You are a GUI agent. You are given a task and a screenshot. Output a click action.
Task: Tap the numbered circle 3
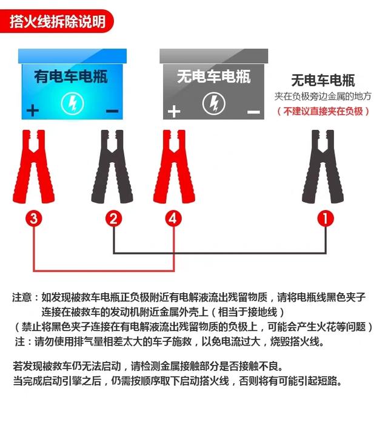pyautogui.click(x=34, y=219)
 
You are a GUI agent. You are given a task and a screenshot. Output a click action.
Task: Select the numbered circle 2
pyautogui.click(x=113, y=219)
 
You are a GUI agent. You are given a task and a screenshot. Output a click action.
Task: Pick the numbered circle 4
pyautogui.click(x=174, y=219)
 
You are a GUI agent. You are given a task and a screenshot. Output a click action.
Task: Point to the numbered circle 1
pyautogui.click(x=326, y=219)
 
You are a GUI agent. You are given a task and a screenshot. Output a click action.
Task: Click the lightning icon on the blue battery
pyautogui.click(x=72, y=103)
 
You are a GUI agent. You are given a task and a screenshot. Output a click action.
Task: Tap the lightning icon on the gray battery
pyautogui.click(x=213, y=103)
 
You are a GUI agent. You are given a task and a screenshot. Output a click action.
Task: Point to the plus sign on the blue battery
pyautogui.click(x=32, y=110)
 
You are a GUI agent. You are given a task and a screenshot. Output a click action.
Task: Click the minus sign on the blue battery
pyautogui.click(x=112, y=111)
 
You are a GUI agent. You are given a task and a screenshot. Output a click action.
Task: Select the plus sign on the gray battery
pyautogui.click(x=174, y=111)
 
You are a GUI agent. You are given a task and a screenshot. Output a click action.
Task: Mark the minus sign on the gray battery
pyautogui.click(x=253, y=112)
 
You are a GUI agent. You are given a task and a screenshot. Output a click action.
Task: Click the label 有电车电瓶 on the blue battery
pyautogui.click(x=71, y=77)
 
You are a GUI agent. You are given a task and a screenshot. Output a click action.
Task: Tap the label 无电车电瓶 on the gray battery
pyautogui.click(x=213, y=76)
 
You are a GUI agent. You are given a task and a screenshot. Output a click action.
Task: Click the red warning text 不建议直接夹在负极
pyautogui.click(x=322, y=111)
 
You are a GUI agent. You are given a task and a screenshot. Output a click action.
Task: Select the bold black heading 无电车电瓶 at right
pyautogui.click(x=323, y=81)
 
